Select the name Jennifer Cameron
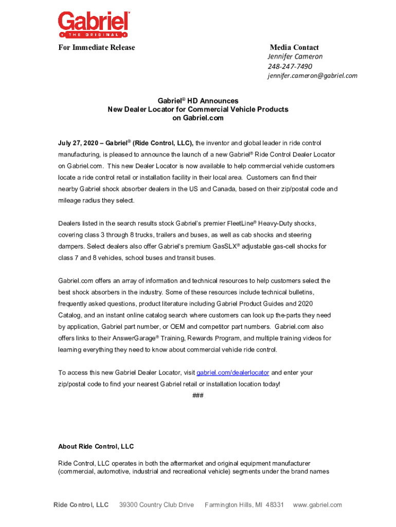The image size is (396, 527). (295, 57)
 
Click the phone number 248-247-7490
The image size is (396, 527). (290, 66)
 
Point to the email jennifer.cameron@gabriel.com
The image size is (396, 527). (312, 76)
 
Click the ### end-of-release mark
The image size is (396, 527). (197, 395)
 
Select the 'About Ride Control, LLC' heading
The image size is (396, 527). (96, 446)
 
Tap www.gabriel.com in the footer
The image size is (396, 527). (317, 505)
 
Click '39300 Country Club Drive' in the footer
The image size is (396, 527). (156, 505)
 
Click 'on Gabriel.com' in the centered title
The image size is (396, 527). (197, 118)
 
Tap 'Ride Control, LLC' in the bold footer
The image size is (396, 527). (81, 505)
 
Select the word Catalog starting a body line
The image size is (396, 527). (69, 315)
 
